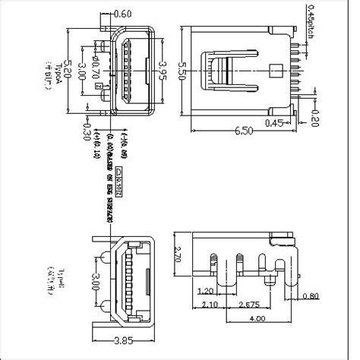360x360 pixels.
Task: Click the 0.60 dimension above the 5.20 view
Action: pyautogui.click(x=122, y=14)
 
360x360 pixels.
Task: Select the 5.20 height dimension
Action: pyautogui.click(x=71, y=73)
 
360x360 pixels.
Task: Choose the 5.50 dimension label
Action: pyautogui.click(x=179, y=73)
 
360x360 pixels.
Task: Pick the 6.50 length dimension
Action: pyautogui.click(x=244, y=131)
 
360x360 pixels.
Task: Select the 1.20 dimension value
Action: pyautogui.click(x=204, y=292)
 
